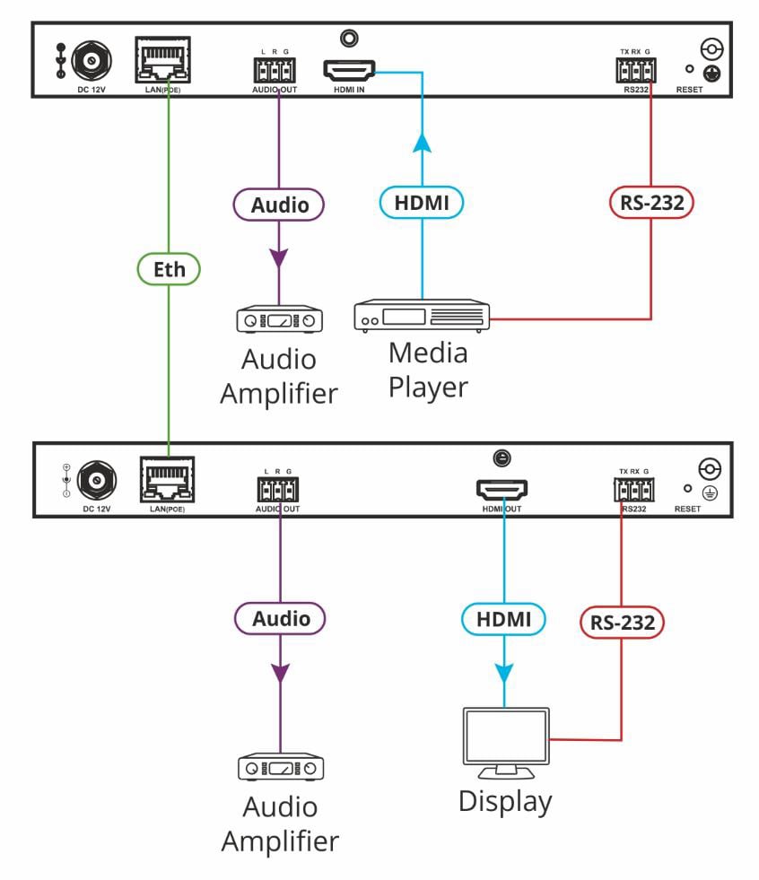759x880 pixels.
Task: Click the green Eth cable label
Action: click(169, 267)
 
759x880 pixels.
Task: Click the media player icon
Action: click(421, 316)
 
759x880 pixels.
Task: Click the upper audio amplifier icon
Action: click(279, 320)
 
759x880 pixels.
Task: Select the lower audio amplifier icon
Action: click(280, 769)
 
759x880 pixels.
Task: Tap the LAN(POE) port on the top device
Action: click(163, 60)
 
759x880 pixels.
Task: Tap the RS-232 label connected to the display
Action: click(621, 621)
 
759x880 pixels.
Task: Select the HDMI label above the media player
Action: click(421, 204)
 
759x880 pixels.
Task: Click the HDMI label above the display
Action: click(503, 618)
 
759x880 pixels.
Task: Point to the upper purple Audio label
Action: click(279, 205)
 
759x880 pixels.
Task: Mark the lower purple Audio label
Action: click(280, 619)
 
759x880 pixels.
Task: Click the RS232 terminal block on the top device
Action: click(633, 69)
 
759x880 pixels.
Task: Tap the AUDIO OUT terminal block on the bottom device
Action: click(277, 490)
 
